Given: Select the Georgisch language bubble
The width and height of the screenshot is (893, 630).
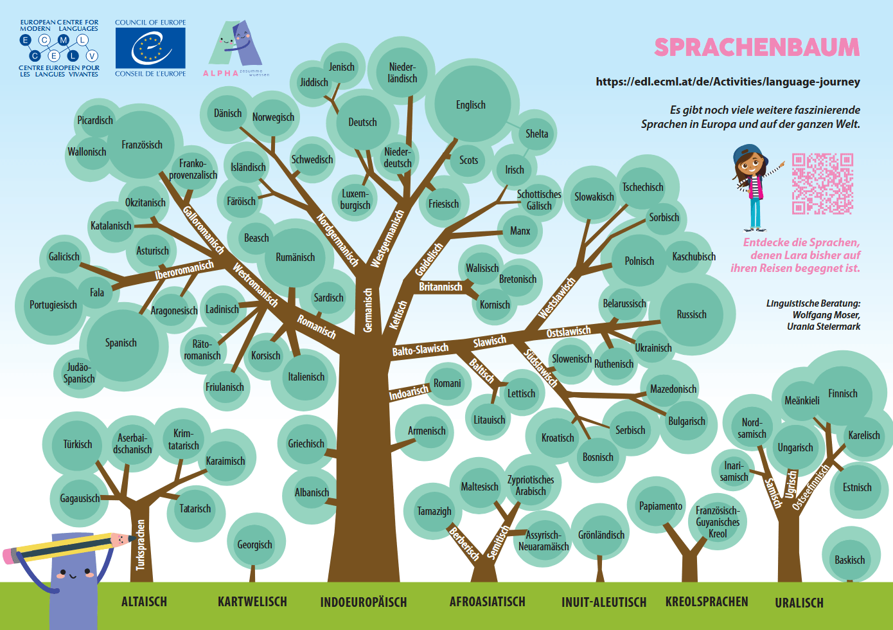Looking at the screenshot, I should [x=255, y=544].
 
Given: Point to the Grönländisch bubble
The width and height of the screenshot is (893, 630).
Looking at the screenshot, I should [x=601, y=534].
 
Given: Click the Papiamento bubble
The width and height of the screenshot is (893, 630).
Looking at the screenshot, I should [x=660, y=506].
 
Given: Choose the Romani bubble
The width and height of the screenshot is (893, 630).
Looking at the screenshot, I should [x=447, y=383].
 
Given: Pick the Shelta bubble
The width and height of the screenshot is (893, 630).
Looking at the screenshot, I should [x=537, y=134].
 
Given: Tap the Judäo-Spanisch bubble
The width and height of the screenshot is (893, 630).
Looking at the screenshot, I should [x=79, y=373].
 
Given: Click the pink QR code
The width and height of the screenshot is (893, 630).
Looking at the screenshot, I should [x=822, y=183].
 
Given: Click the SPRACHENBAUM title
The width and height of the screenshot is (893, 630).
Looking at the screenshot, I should [x=757, y=48].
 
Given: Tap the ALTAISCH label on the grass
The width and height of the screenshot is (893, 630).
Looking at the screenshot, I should [x=144, y=602].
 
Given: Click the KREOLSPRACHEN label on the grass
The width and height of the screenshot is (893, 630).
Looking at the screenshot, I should [x=707, y=602].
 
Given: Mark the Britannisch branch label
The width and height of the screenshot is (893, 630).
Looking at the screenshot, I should [x=441, y=287].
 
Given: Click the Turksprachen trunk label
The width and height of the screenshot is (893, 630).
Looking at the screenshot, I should [x=141, y=545].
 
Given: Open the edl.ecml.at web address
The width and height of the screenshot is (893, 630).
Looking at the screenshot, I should [x=728, y=82].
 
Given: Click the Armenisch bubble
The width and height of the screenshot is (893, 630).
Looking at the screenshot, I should [x=427, y=431].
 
